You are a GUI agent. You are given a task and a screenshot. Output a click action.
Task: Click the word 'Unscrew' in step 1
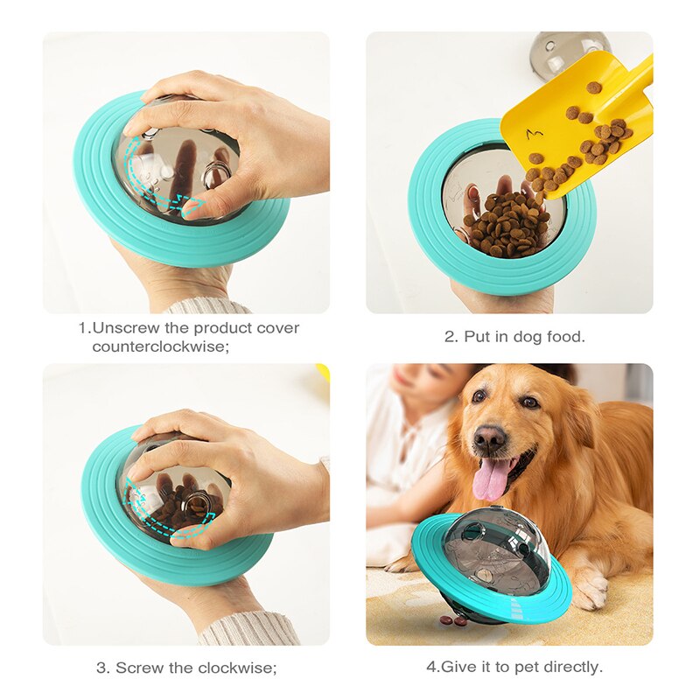pos(124,329)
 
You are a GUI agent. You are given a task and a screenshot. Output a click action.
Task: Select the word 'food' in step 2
pos(567,337)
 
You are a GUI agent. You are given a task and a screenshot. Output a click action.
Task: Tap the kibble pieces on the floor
pos(453,620)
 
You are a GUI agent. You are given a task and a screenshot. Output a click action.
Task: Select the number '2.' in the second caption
pos(451,337)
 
